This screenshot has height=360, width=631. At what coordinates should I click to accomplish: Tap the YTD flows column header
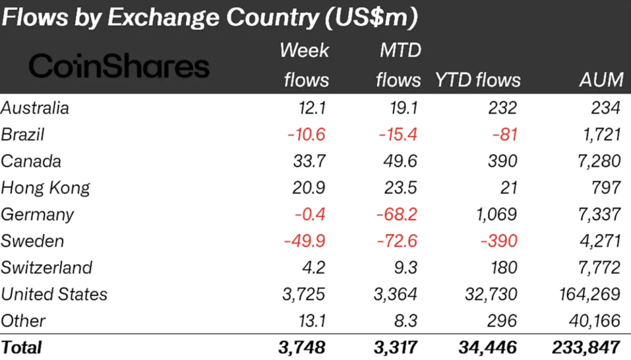coord(478,80)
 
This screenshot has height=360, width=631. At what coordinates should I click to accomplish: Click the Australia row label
coord(35,108)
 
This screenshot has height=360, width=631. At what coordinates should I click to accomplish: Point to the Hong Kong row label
coord(46,188)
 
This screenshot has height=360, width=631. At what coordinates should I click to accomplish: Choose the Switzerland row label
coord(47,268)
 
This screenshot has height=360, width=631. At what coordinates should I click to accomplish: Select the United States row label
coord(54,294)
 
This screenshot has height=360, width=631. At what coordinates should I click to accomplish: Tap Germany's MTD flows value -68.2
coord(397,215)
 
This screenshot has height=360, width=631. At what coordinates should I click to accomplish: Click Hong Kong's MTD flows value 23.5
coord(401,188)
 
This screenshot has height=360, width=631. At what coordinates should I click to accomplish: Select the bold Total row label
coord(22,347)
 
